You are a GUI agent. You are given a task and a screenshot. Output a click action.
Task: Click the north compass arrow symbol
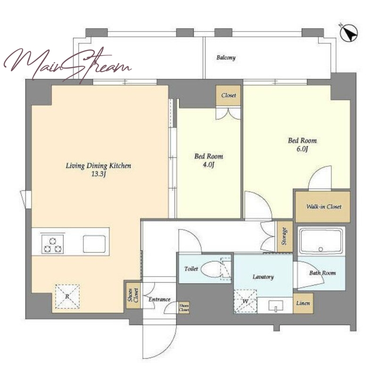pos(349,33)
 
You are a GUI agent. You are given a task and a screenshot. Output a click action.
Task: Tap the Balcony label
pos(226,57)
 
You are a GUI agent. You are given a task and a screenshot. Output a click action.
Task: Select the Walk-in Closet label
pos(324,206)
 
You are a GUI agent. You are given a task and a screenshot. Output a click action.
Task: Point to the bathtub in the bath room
pos(320,241)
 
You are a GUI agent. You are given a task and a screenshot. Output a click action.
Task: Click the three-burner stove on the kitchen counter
pos(53,244)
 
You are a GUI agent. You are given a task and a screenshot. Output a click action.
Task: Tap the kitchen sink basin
pos(94,244)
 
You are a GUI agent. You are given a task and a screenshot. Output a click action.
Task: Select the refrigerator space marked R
pos(67,296)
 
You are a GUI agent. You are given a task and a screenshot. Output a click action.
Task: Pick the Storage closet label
pos(285,236)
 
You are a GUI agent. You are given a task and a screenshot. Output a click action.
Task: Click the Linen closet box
pos(303,303)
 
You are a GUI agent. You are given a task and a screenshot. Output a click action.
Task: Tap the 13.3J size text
pos(99,174)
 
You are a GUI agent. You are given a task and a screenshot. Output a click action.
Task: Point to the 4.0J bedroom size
pos(208,165)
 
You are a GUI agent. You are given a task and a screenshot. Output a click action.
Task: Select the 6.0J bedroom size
pos(302,149)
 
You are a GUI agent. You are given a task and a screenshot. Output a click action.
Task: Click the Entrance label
pos(159,300)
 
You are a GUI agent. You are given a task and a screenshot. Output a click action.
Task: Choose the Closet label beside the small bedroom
pos(229,96)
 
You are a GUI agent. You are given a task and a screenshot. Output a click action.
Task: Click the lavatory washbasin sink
pos(276,306)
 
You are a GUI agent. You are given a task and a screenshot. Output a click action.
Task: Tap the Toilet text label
pos(191,269)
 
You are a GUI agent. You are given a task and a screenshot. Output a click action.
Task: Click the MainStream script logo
pos(67,64)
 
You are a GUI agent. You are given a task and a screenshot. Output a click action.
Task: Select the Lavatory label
pos(263,277)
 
